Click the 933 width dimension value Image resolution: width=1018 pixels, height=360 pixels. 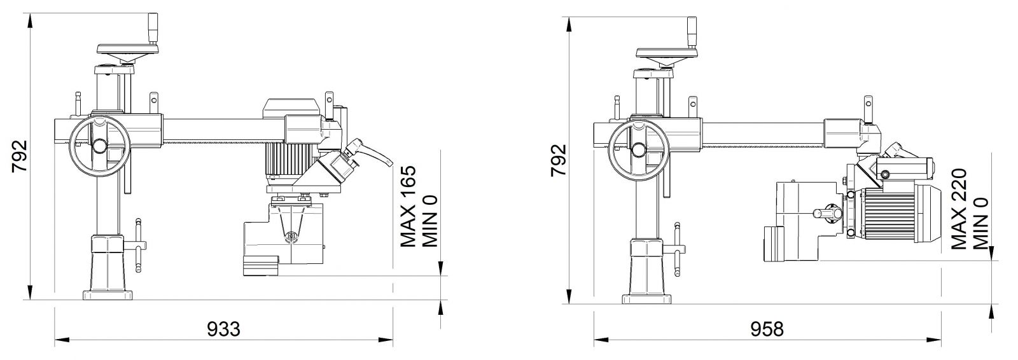223,329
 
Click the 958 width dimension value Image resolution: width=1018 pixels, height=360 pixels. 767,329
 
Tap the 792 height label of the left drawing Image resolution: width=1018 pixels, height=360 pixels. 20,156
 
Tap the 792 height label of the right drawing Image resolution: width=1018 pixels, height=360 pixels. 559,160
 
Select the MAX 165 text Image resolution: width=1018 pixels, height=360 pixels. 408,206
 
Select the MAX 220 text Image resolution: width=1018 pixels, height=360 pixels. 958,209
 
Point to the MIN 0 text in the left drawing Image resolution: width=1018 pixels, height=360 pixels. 429,221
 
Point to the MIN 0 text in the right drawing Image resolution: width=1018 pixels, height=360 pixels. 980,224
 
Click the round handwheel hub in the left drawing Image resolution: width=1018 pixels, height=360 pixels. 99,146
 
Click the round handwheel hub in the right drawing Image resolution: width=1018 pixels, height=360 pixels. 639,149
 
